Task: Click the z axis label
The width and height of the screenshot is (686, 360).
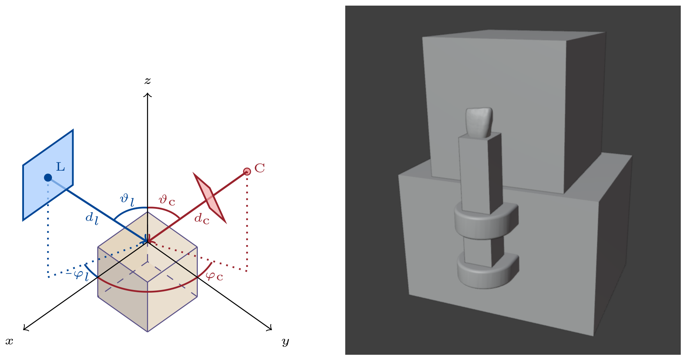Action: coord(148,81)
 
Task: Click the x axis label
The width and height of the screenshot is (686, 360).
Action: coord(9,341)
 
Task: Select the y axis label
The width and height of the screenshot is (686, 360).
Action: coord(285,342)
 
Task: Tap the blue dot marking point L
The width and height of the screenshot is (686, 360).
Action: coord(48,177)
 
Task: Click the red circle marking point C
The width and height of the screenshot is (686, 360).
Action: coord(247,171)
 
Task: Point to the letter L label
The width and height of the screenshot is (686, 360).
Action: coord(61,167)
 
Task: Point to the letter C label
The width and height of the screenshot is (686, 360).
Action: coord(260,168)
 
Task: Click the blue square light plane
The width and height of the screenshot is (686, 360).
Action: coord(48,175)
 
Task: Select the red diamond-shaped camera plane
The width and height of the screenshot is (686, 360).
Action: coord(209,198)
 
